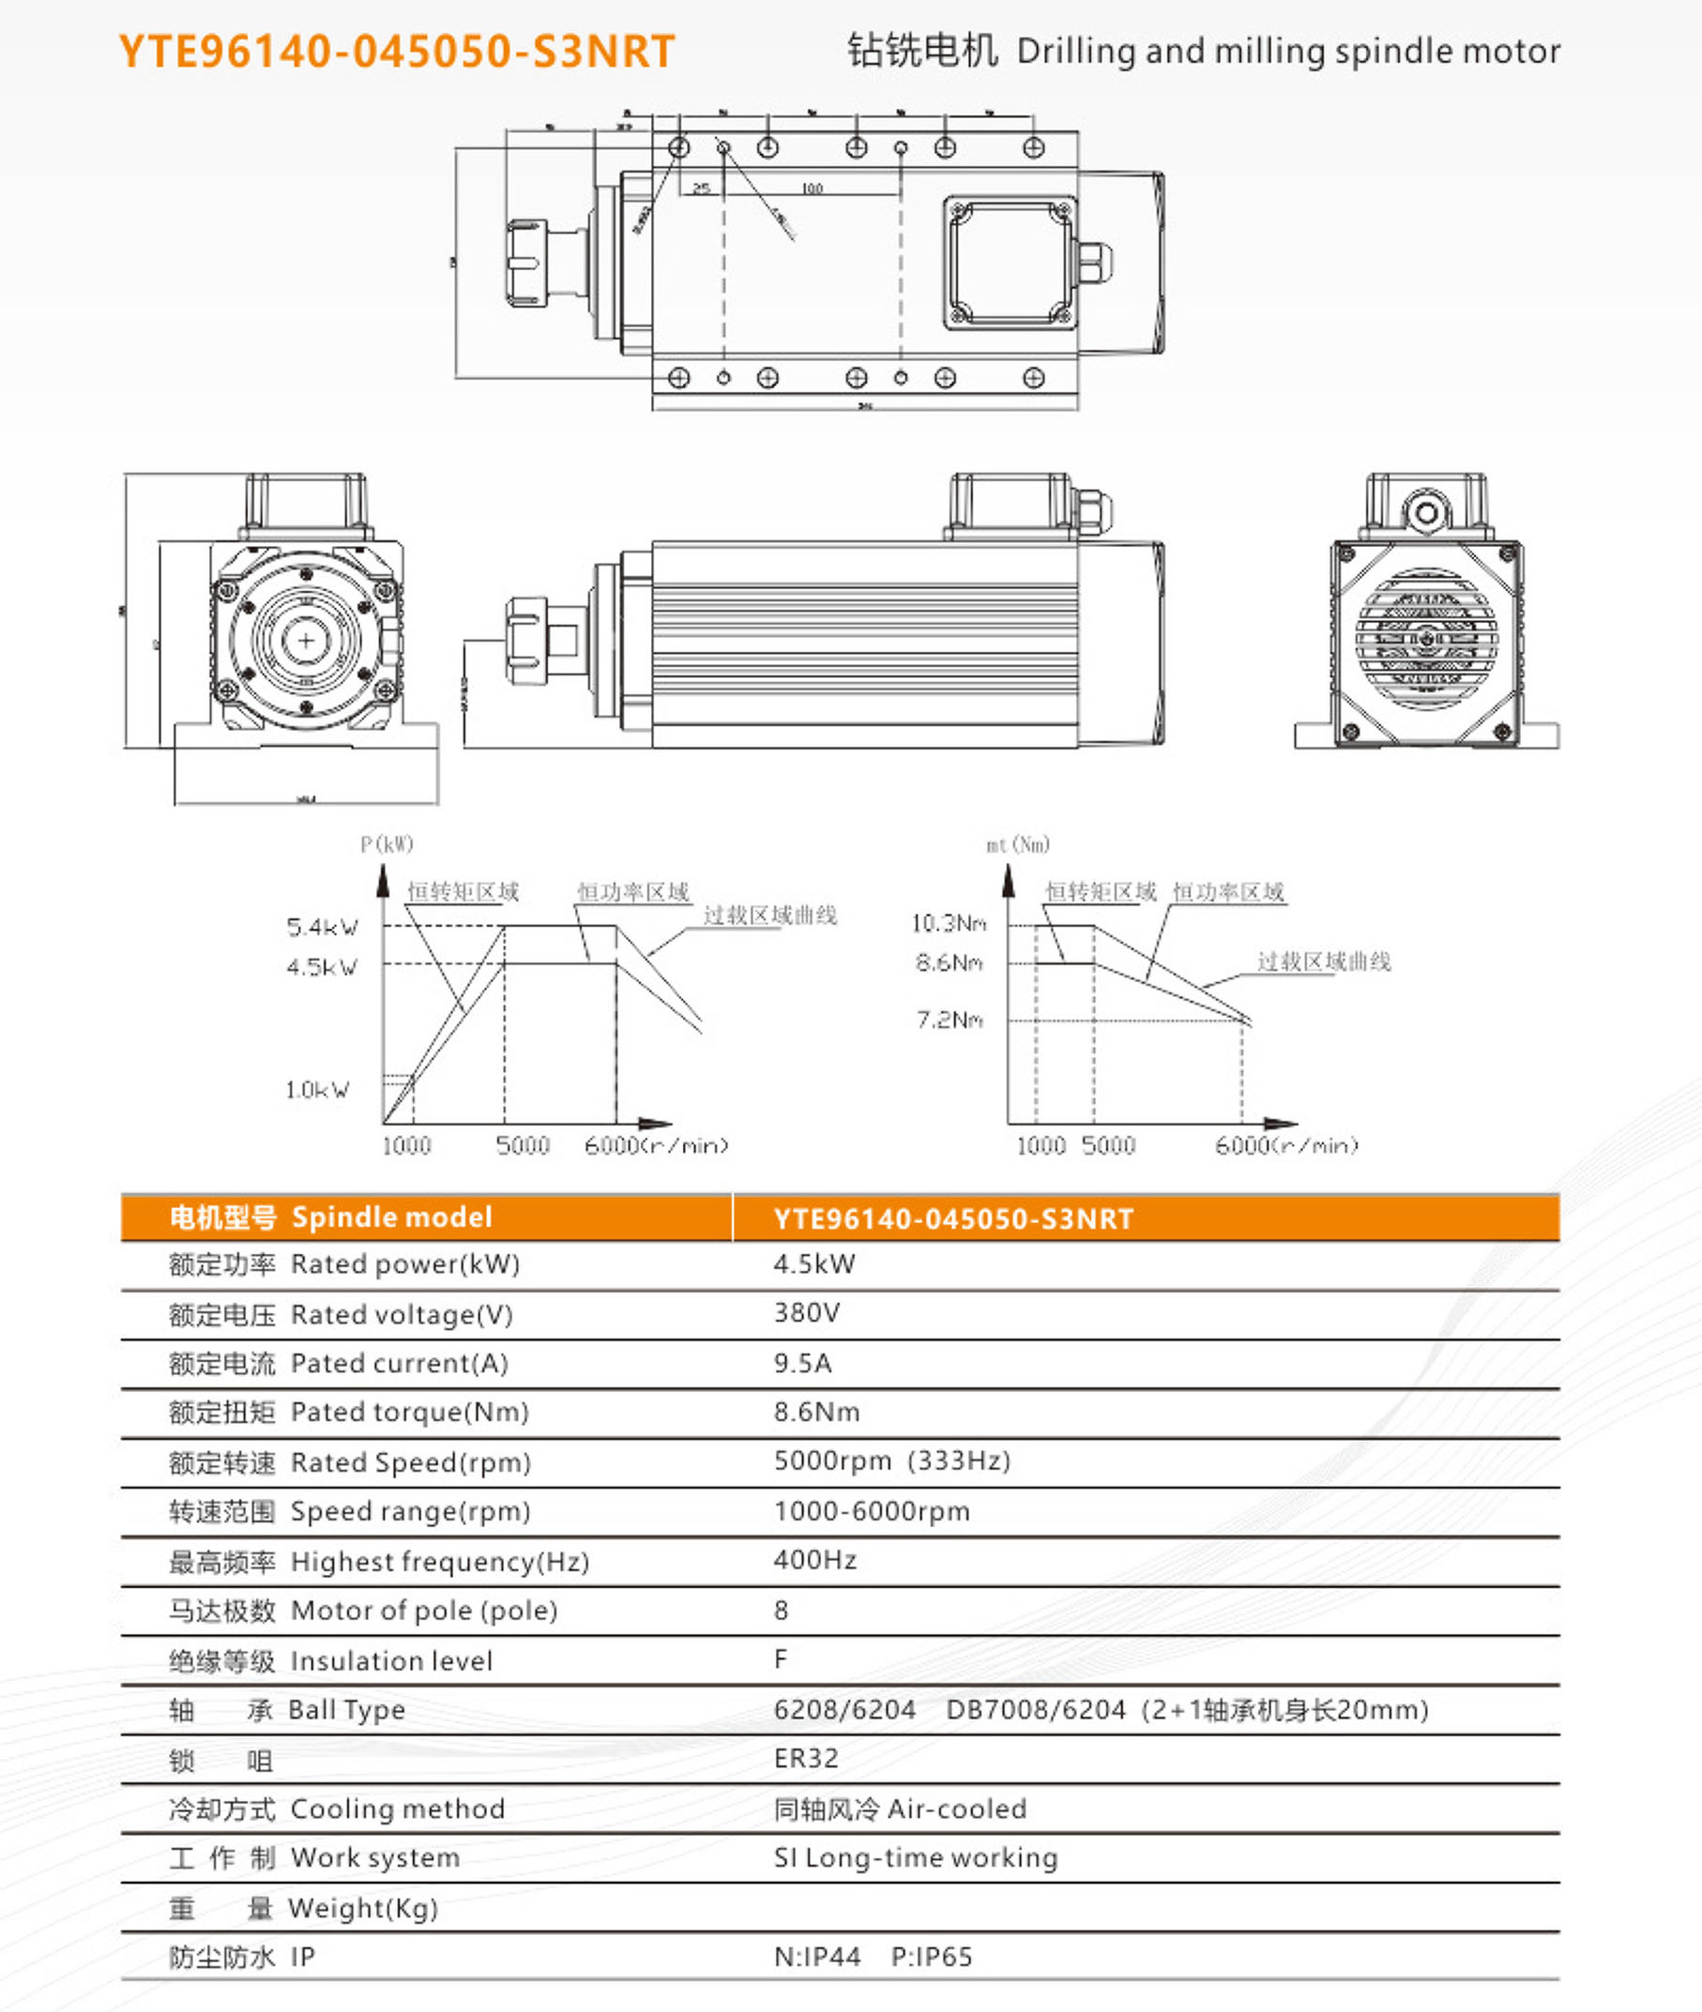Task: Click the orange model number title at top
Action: tap(396, 51)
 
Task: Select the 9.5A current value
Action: tap(802, 1363)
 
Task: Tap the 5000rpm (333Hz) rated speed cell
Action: tap(891, 1461)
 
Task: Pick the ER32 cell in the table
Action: tap(806, 1759)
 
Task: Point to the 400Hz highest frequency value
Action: tap(814, 1560)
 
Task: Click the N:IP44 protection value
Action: tap(816, 1957)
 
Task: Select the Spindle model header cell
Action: tap(330, 1218)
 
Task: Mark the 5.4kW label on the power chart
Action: tap(322, 928)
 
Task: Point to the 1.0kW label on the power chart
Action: tap(317, 1090)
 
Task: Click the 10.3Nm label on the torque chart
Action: tap(949, 924)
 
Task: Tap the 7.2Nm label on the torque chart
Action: tap(950, 1020)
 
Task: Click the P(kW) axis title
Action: tap(386, 845)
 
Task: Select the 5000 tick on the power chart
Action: tap(522, 1146)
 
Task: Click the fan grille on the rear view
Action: tap(1426, 638)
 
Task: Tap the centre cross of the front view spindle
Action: tap(306, 641)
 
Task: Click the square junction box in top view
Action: tap(1010, 263)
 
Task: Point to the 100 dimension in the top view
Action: tap(812, 189)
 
